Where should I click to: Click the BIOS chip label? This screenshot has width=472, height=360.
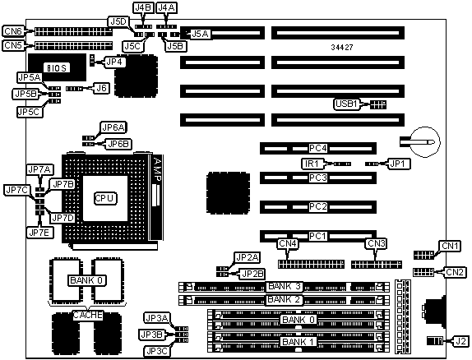tap(57, 68)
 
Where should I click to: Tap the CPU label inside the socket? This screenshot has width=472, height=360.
tap(104, 198)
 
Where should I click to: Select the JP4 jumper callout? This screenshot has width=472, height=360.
tap(114, 62)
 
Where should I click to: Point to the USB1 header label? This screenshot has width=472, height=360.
tap(346, 104)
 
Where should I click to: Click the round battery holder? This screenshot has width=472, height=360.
tap(425, 141)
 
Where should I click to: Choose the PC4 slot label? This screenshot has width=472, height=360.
tap(318, 149)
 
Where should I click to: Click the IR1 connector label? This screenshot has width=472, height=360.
tap(312, 164)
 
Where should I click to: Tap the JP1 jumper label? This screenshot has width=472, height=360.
tap(397, 164)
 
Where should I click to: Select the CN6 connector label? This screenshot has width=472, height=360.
tap(13, 31)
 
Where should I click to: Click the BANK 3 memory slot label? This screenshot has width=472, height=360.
tap(285, 286)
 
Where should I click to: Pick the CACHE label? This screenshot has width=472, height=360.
tap(88, 315)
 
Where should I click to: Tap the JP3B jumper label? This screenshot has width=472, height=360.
tap(152, 335)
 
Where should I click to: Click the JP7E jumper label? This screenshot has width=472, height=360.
tap(40, 233)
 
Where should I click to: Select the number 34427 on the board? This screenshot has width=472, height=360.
tap(342, 47)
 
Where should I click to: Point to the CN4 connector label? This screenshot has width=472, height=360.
tap(288, 243)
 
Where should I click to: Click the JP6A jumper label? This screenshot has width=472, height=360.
tap(113, 127)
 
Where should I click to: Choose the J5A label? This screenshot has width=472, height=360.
tap(200, 34)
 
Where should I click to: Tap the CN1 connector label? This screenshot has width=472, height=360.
tap(450, 246)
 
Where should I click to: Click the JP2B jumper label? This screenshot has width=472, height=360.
tap(253, 274)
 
